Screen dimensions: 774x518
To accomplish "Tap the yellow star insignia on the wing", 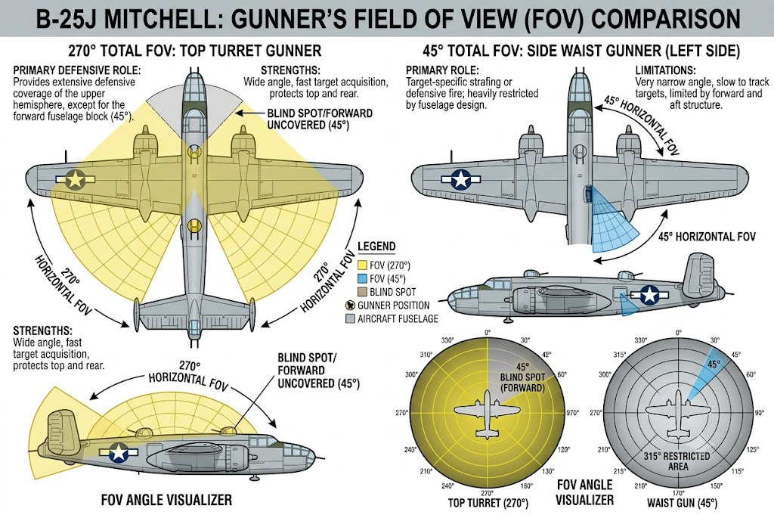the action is click(x=75, y=179).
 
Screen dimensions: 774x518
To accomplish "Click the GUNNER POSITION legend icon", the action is click(x=351, y=306).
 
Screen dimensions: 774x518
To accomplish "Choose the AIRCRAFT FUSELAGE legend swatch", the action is click(x=351, y=318).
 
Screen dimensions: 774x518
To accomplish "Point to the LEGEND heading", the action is click(x=376, y=247).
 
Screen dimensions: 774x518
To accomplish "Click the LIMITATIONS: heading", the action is click(x=665, y=70).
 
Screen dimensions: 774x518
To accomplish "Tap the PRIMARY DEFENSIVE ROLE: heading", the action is click(x=76, y=70).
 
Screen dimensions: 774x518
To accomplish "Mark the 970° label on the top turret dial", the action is click(x=573, y=412).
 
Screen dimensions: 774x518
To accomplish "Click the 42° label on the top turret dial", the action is click(x=546, y=355).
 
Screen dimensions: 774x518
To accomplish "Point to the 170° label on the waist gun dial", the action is click(x=678, y=493).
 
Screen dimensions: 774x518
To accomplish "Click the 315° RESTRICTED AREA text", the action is click(x=676, y=461).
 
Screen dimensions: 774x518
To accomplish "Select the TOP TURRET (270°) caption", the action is click(x=488, y=503).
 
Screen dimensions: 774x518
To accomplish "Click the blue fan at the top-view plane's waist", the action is click(x=610, y=217).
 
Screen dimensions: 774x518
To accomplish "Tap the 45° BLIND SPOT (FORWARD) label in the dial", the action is click(x=522, y=377).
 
